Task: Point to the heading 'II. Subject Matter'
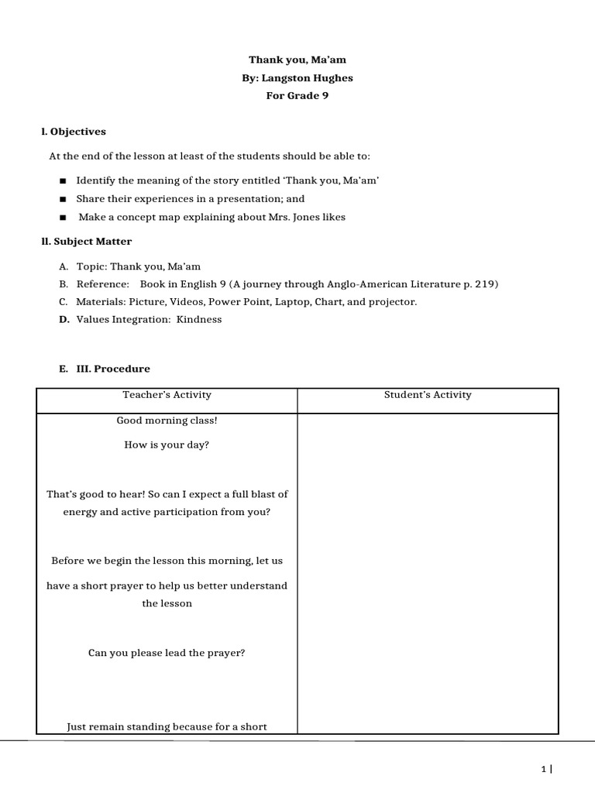point(87,242)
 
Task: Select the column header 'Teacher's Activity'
point(167,395)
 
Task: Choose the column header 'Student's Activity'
point(428,395)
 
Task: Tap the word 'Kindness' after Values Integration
point(199,319)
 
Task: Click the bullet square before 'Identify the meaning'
point(63,180)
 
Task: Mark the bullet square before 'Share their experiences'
point(63,199)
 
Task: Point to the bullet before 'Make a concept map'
point(63,218)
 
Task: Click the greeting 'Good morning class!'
point(167,421)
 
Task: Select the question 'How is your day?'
point(167,445)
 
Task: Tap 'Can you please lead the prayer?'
point(167,653)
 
